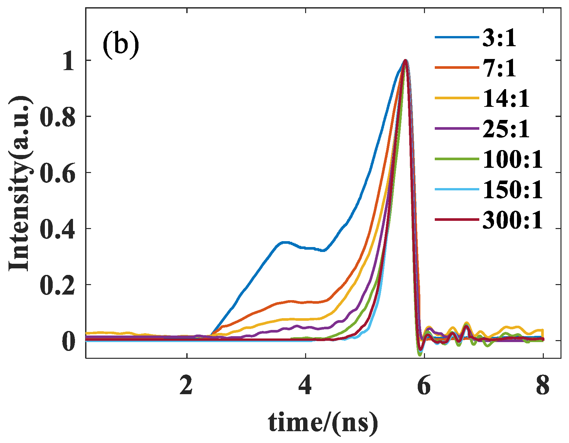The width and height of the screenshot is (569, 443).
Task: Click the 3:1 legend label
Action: pos(499,38)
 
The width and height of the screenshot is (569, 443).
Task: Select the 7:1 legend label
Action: pos(499,68)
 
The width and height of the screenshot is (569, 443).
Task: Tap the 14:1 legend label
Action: pos(506,99)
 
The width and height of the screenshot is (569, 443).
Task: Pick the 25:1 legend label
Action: pos(506,129)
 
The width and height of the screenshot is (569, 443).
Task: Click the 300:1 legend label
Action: pos(513,220)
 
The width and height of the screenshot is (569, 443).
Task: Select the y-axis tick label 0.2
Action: pos(57,285)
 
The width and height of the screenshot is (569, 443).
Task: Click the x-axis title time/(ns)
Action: pos(323,423)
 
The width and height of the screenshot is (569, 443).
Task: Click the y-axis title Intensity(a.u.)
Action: pos(20,183)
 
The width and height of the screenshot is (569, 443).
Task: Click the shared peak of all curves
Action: pos(405,61)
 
